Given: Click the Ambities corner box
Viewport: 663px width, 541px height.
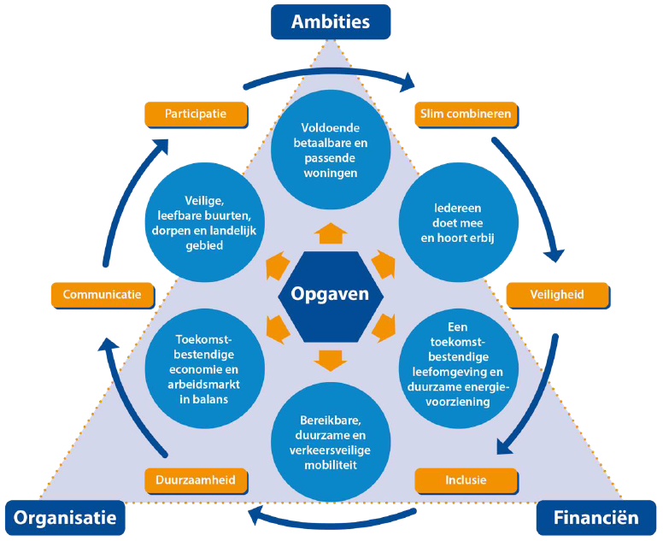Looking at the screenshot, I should pyautogui.click(x=330, y=21).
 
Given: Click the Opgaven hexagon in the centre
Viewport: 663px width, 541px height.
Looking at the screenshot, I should pyautogui.click(x=329, y=295).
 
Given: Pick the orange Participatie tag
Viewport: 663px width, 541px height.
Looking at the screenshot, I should pyautogui.click(x=196, y=114).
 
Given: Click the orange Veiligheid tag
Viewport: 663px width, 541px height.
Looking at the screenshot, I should pyautogui.click(x=558, y=295).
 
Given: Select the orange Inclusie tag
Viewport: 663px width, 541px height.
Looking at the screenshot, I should pyautogui.click(x=466, y=479).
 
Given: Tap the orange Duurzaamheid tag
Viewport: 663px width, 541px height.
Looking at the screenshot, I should pyautogui.click(x=197, y=479).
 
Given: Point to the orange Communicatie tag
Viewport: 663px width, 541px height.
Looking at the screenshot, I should pyautogui.click(x=103, y=295).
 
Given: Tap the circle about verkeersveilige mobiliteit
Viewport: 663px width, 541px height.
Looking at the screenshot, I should pyautogui.click(x=329, y=443).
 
